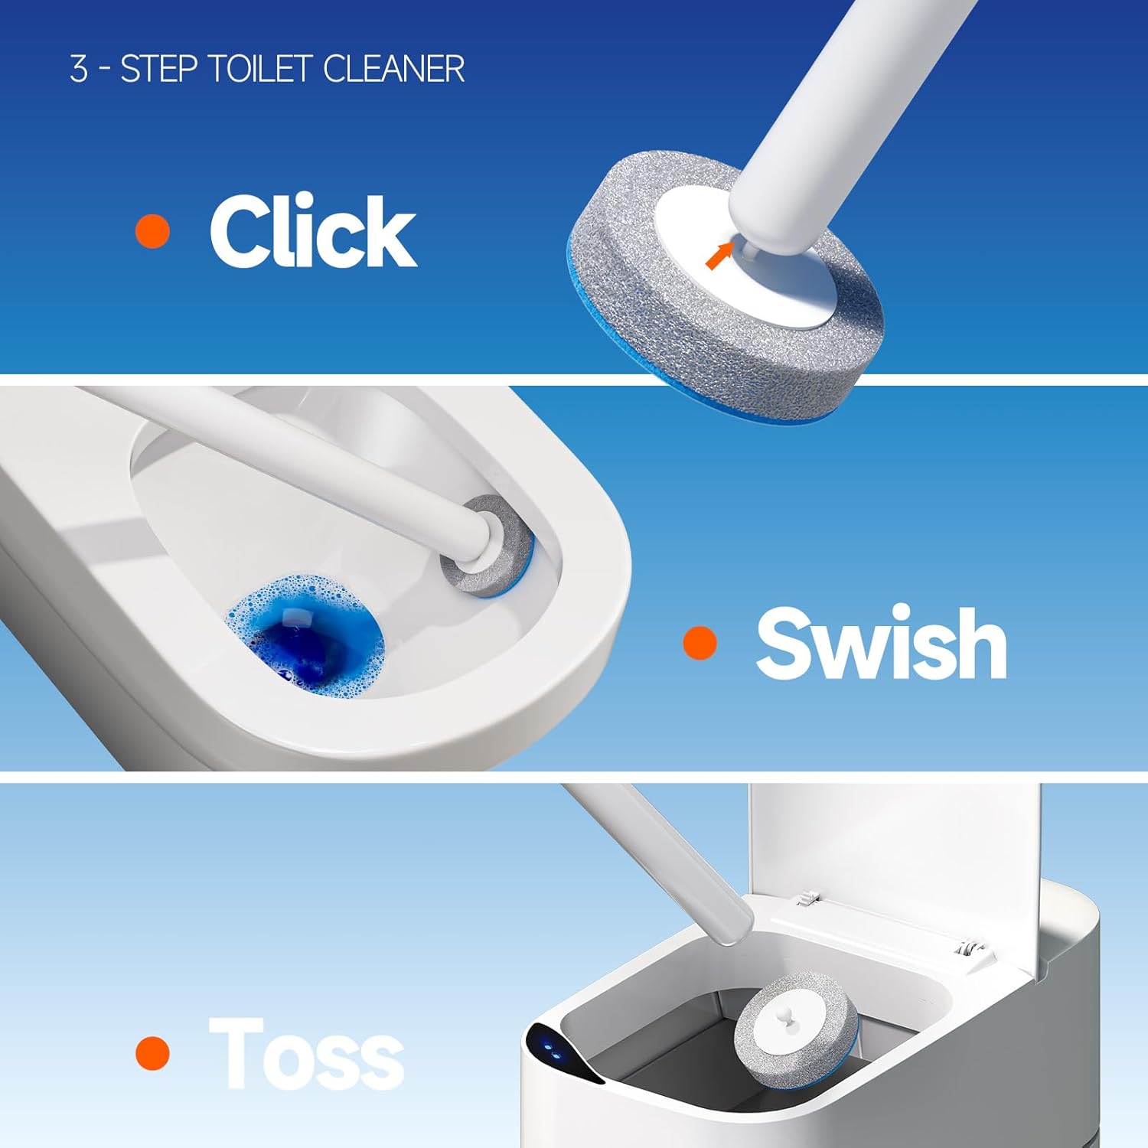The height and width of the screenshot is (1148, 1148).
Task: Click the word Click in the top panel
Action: click(x=312, y=230)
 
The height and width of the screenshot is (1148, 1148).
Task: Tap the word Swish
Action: click(x=881, y=643)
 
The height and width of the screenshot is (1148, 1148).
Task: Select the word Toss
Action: click(x=306, y=1054)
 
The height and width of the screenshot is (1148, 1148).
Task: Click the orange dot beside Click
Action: click(x=152, y=230)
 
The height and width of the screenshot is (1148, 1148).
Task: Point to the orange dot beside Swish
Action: click(x=700, y=642)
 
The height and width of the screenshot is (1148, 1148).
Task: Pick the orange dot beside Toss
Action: click(x=152, y=1053)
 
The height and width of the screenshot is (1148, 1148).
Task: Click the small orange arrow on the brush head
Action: click(x=717, y=256)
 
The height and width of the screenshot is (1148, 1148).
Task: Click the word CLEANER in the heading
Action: click(x=393, y=69)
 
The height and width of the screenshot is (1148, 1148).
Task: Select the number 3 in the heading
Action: click(x=78, y=69)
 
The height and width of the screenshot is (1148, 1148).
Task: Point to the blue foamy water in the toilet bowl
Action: click(x=306, y=635)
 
